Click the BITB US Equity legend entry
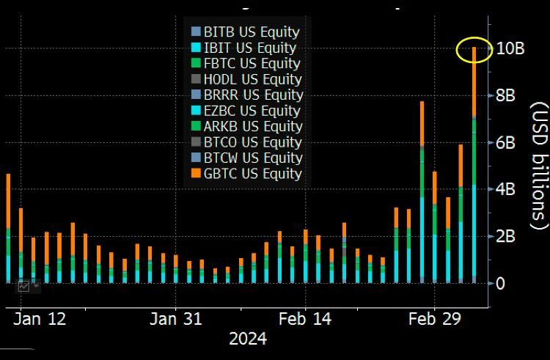pyautogui.click(x=251, y=32)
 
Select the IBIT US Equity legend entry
pyautogui.click(x=249, y=48)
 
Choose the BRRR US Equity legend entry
pyautogui.click(x=253, y=95)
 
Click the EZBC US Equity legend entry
pyautogui.click(x=252, y=111)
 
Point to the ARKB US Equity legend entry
pyautogui.click(x=252, y=127)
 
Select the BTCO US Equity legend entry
pyautogui.click(x=252, y=142)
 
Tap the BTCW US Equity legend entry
pyautogui.click(x=253, y=158)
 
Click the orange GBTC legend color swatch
pyautogui.click(x=195, y=174)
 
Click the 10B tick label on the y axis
pyautogui.click(x=510, y=49)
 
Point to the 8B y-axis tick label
pyautogui.click(x=505, y=96)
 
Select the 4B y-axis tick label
pyautogui.click(x=505, y=189)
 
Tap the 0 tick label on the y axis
pyautogui.click(x=500, y=283)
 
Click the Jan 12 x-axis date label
pyautogui.click(x=41, y=319)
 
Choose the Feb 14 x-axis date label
pyautogui.click(x=305, y=319)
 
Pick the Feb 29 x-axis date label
pyautogui.click(x=433, y=319)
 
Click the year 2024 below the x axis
pyautogui.click(x=248, y=339)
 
